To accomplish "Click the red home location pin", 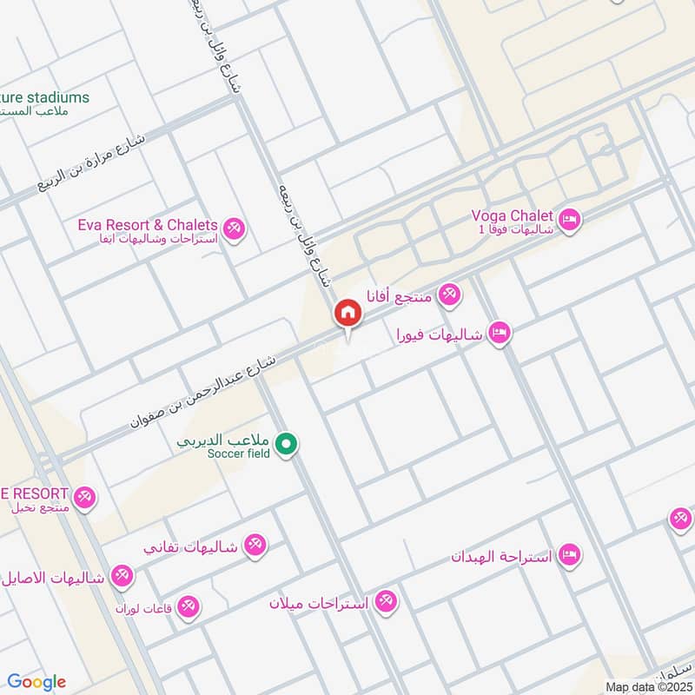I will pos(347,314).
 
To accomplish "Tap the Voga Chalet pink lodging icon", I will pos(570,220).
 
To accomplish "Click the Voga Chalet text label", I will pos(512,215).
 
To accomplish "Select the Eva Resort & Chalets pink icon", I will pos(233,230).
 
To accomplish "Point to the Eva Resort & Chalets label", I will pos(148,225).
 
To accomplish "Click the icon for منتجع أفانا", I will pos(448,295).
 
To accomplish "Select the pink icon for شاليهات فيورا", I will pos(498,333).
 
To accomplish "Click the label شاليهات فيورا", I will pos(439,334).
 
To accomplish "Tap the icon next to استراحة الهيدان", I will pos(569,554).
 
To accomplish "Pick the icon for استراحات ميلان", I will pos(386,601).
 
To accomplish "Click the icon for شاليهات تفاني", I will pos(255,546).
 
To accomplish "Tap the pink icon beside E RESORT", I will pos(83,498).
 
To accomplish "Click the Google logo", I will pos(36,682).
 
